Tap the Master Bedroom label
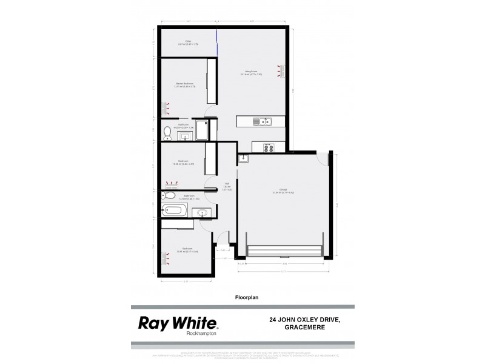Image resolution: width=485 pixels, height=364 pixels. tap(184, 84)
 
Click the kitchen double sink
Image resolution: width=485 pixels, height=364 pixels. tap(265, 121)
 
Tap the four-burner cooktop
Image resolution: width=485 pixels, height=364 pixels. tap(268, 147)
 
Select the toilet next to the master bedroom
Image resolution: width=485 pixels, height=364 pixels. tap(167, 131)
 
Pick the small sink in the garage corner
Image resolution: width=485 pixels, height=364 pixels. tap(244, 159)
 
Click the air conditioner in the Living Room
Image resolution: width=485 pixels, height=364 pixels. tap(280, 72)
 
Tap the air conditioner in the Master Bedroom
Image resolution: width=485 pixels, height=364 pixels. tap(165, 109)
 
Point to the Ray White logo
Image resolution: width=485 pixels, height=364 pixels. tap(179, 322)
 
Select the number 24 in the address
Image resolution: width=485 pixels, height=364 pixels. tap(273, 319)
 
